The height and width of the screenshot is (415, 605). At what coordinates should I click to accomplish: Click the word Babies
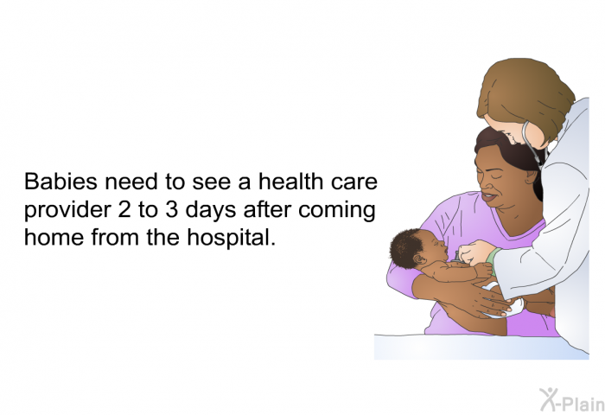point(60,181)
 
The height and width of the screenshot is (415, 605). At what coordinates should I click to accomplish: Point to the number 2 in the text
point(124,209)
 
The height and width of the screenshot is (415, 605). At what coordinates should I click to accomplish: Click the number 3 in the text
point(173,209)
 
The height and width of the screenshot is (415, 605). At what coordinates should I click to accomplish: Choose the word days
point(211,211)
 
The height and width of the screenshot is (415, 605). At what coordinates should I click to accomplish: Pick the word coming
point(336,211)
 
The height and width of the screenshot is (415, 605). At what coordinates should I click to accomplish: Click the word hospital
point(231,238)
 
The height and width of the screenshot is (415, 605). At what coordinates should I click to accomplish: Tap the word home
point(54,237)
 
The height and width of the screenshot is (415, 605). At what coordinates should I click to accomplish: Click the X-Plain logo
point(572,399)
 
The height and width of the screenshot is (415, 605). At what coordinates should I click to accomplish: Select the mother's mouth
point(489,197)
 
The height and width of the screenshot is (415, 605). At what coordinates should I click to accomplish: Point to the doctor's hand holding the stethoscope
point(474,252)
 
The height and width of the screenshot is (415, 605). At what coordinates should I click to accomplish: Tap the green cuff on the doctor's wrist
point(492,259)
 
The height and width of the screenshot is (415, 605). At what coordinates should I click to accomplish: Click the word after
point(267,209)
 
